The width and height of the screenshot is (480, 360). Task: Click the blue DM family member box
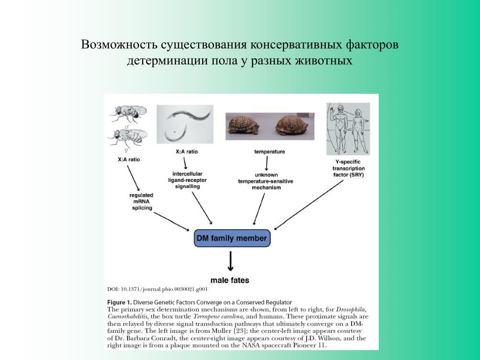tap(232, 239)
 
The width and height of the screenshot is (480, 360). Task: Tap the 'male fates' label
tap(230, 280)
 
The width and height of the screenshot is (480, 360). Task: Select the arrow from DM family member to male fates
tap(230, 261)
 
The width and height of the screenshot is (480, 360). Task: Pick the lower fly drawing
tap(127, 136)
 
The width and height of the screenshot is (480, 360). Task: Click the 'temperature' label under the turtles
tap(269, 152)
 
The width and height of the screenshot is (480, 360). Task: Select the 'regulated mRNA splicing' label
tap(142, 201)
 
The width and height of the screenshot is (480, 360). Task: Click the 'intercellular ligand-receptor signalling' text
tap(187, 180)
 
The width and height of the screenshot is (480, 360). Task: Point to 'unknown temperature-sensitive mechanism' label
tap(265, 181)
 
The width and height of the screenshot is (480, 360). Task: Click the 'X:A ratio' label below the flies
tap(128, 159)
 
